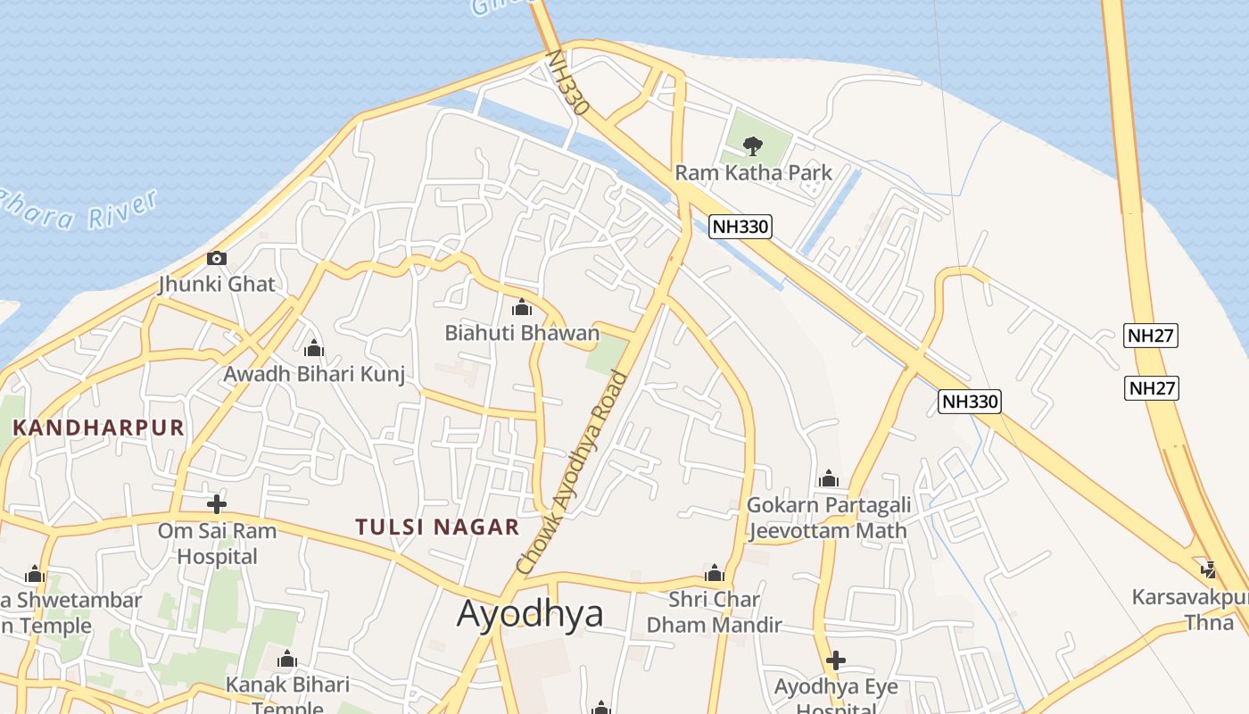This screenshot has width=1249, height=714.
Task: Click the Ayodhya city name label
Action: (x=530, y=614)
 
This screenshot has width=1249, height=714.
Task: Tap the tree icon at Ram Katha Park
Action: (x=753, y=145)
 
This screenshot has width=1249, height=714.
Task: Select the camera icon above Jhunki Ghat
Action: (x=216, y=259)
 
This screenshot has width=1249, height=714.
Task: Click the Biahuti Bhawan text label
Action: (x=522, y=334)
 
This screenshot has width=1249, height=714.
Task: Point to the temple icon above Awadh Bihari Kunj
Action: (x=313, y=348)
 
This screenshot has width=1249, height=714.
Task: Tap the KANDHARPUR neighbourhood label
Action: (x=98, y=428)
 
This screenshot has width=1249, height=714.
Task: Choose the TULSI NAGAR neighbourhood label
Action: (x=437, y=527)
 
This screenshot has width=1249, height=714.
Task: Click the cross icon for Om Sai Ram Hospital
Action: (x=216, y=503)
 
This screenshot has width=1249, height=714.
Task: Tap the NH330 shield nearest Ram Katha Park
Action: (x=740, y=227)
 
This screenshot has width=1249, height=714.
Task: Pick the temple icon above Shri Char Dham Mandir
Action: (x=714, y=573)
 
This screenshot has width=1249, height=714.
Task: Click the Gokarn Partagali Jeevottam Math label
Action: (x=828, y=518)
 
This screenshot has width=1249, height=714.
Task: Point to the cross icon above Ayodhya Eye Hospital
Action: (x=836, y=660)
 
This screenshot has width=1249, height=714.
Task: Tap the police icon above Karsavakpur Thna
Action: (x=1209, y=569)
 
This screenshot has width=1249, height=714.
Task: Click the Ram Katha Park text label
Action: (x=754, y=172)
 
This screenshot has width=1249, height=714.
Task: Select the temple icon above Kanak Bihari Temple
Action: (x=287, y=660)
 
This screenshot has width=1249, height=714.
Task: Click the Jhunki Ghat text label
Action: (x=217, y=285)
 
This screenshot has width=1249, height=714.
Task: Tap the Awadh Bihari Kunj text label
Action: (x=314, y=374)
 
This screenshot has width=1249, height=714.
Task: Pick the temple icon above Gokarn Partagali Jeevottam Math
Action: (x=829, y=479)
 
